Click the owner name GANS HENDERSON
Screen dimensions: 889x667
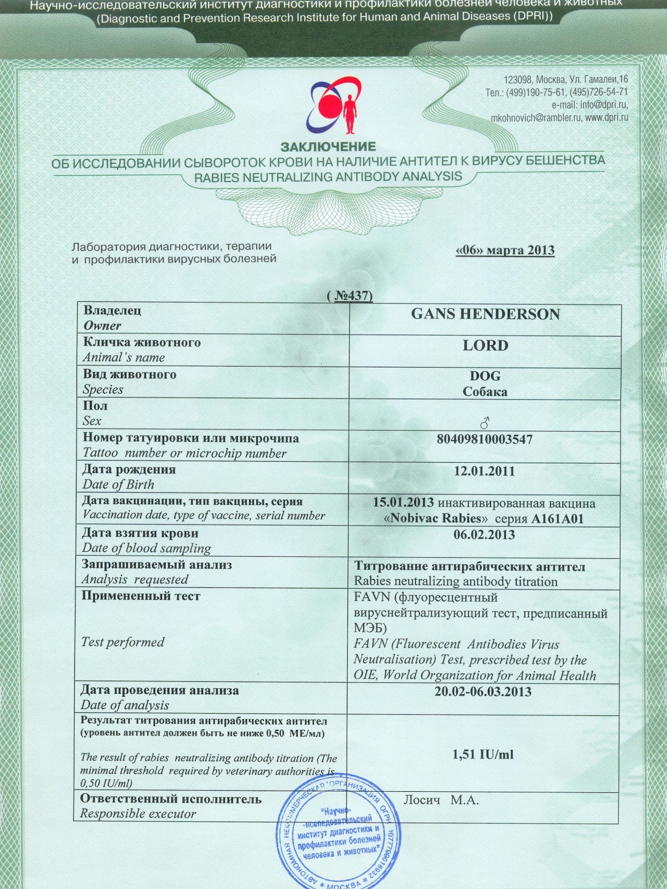485,314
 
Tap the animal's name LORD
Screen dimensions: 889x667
485,346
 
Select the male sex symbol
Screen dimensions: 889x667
485,424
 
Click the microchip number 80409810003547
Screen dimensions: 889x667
485,440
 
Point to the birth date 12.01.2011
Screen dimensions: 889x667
484,471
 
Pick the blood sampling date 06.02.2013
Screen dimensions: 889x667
484,535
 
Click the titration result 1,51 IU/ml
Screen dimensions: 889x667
482,754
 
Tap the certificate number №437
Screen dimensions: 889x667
350,295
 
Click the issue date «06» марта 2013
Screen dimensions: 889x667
504,250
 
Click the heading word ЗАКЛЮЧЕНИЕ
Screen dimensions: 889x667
328,146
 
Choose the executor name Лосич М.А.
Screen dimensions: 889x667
441,800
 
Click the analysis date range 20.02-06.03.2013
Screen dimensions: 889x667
483,692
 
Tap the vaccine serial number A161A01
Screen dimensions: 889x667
557,519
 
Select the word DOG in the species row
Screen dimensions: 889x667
485,376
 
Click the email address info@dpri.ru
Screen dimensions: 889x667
604,105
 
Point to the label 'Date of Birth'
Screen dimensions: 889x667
118,485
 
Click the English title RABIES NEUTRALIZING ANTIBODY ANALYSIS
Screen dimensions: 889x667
328,177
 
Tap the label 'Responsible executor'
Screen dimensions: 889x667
138,814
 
